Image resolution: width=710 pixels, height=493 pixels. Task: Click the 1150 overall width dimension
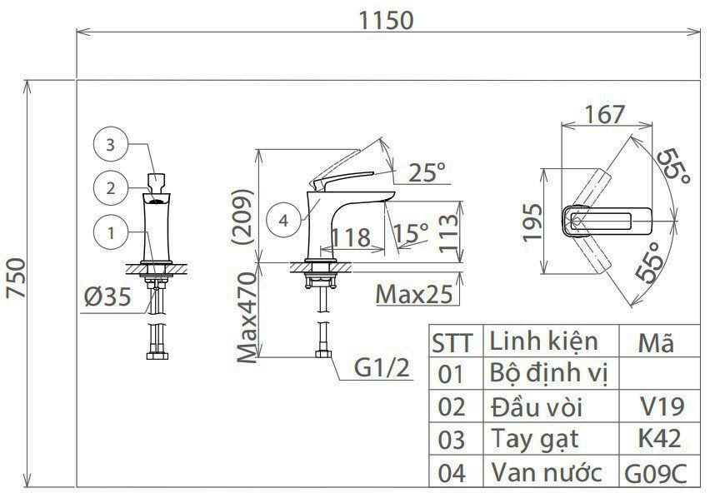point(386,20)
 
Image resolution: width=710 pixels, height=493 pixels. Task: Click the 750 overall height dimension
point(17,277)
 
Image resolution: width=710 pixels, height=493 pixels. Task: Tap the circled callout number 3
point(110,145)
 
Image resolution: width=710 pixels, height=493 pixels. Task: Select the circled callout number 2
point(111,188)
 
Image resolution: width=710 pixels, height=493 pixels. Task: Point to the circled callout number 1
point(111,233)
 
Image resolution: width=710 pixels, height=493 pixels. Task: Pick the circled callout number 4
point(283,221)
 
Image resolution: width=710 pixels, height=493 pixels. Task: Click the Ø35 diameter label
point(107,297)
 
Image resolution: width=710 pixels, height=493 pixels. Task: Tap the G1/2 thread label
point(382,367)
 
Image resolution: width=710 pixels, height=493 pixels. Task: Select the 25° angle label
point(427,172)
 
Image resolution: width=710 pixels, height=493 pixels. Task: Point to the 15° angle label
point(411,233)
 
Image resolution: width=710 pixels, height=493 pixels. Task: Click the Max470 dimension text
point(247,317)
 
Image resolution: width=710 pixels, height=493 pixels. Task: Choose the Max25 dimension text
point(414,295)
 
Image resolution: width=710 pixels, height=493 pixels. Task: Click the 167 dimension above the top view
point(605,114)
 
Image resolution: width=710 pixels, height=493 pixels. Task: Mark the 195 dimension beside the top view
point(532,222)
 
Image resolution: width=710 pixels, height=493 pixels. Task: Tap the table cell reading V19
point(662,406)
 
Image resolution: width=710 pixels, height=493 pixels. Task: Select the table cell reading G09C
point(656,474)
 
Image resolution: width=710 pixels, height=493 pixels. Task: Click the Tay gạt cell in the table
point(535,440)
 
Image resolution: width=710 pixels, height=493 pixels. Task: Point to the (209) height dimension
point(242,217)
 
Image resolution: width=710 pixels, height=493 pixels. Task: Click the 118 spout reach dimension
point(352,237)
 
